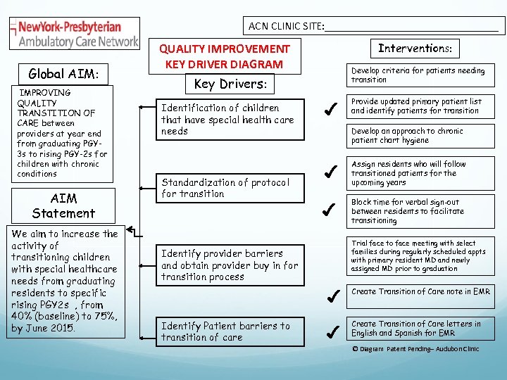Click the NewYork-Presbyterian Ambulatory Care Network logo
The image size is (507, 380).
pos(75,33)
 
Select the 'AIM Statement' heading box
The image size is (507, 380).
pos(63,205)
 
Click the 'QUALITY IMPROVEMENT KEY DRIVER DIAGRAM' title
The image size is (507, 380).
pos(224,56)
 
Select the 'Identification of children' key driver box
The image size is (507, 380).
pos(228,120)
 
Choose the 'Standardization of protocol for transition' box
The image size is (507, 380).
pos(228,188)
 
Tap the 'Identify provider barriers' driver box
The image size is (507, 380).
pos(230,265)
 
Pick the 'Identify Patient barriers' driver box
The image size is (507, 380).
pos(228,331)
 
